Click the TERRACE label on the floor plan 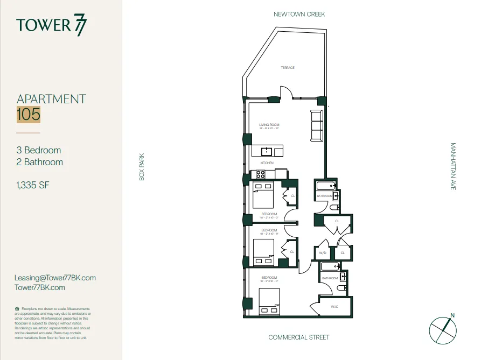click(x=287, y=68)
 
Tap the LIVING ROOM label click(x=269, y=125)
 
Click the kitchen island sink click(x=266, y=151)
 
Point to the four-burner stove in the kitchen click(x=260, y=174)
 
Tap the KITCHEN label click(x=267, y=163)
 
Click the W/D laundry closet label click(x=323, y=252)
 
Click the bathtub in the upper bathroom click(x=325, y=186)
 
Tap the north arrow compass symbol click(x=442, y=329)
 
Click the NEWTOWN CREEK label click(x=299, y=14)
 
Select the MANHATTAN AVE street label click(x=452, y=166)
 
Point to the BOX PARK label click(x=142, y=167)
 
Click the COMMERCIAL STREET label click(x=299, y=337)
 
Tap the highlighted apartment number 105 click(x=29, y=114)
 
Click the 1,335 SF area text click(x=34, y=186)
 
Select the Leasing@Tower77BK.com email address click(x=56, y=278)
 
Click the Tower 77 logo click(x=51, y=25)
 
